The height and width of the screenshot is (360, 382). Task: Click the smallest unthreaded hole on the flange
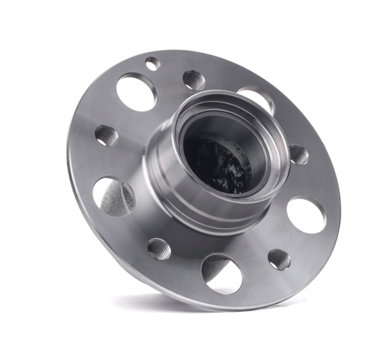152,64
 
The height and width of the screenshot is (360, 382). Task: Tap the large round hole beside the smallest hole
137,92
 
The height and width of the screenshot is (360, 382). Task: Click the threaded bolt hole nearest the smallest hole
194,80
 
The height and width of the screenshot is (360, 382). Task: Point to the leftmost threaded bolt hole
106,135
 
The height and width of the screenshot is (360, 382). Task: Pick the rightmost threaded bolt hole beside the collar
298,155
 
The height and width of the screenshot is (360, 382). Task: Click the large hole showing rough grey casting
114,197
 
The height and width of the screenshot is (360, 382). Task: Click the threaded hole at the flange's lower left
159,249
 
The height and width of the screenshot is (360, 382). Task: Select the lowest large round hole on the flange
222,272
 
